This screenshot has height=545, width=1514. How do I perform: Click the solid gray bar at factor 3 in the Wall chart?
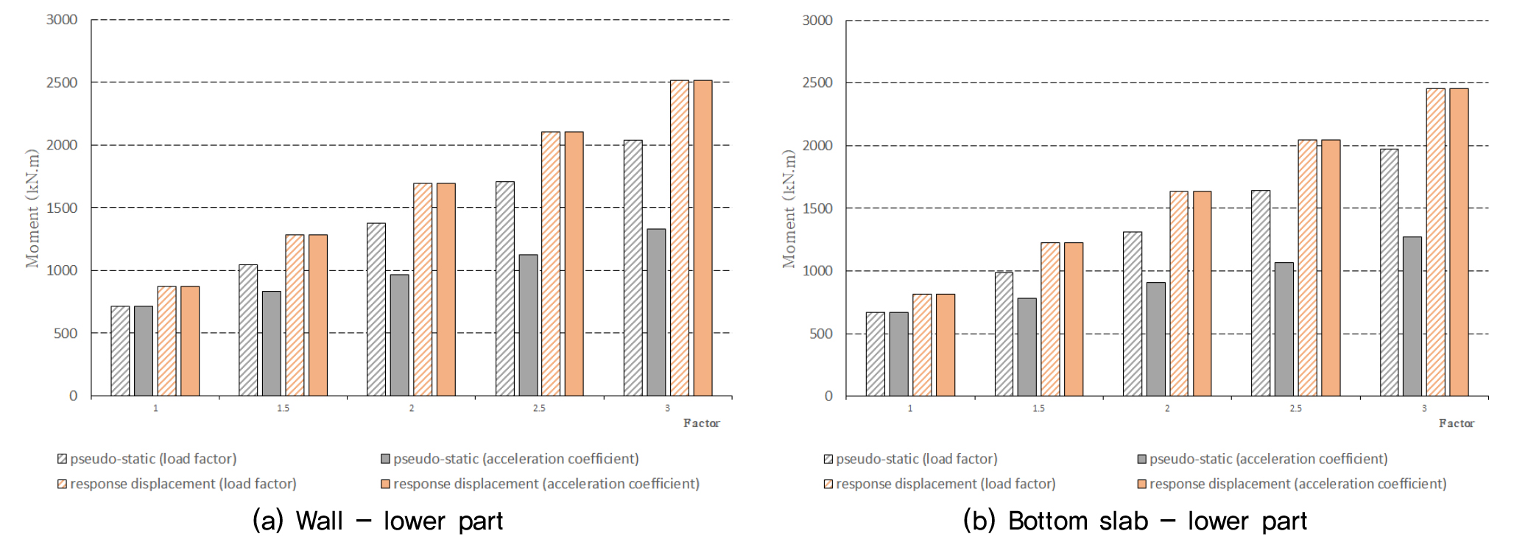(656, 312)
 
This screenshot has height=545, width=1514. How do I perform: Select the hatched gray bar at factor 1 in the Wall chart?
(120, 351)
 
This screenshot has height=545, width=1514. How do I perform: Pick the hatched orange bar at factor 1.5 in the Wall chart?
(295, 315)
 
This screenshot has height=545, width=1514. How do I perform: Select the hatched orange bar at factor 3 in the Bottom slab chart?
(1435, 242)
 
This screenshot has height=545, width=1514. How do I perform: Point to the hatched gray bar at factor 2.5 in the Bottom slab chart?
(1261, 293)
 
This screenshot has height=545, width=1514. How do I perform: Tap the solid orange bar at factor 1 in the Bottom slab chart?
(946, 345)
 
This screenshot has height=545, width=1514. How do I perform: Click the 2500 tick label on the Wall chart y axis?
(62, 82)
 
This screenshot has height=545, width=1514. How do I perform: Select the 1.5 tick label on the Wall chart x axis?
(284, 408)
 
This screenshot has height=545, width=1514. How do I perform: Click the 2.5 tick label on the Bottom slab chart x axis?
(1295, 408)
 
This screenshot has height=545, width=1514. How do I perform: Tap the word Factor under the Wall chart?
(701, 423)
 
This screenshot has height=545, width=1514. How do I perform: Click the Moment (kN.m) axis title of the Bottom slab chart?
(789, 208)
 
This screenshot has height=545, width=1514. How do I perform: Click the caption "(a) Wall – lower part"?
(378, 521)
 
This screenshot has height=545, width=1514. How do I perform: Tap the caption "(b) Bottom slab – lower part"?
(1135, 521)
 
